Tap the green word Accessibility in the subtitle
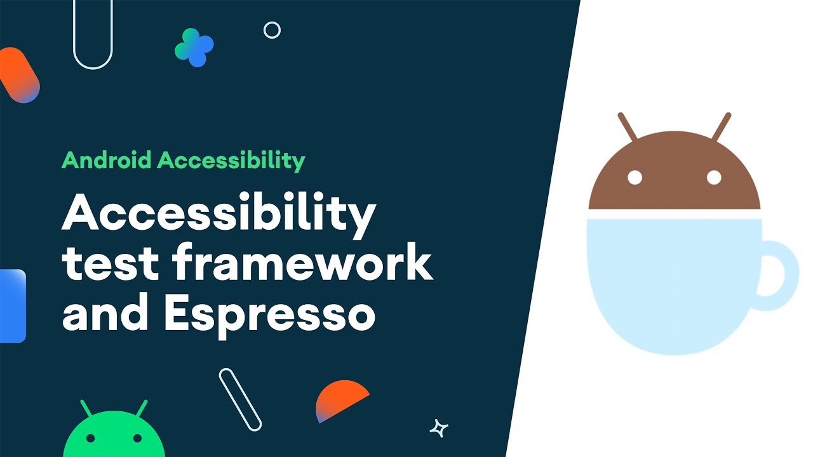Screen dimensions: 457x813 [x=231, y=161]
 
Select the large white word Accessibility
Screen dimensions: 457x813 [x=218, y=215]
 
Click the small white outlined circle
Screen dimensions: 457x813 [x=272, y=30]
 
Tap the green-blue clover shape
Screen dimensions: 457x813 [x=194, y=48]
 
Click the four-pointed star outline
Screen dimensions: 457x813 [x=438, y=428]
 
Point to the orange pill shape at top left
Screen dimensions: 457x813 [x=19, y=74]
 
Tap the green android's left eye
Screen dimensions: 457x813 [x=91, y=438]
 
